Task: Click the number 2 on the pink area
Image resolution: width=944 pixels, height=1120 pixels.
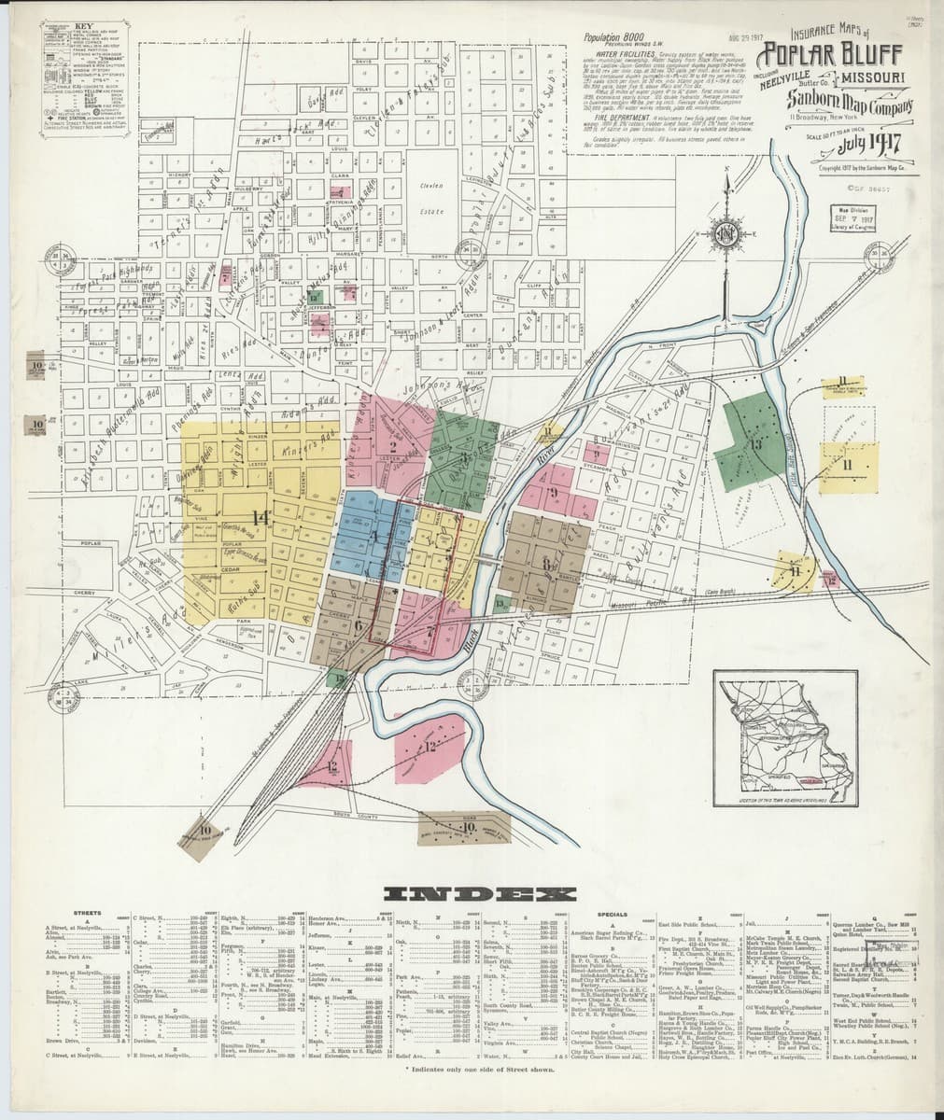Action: coord(393,446)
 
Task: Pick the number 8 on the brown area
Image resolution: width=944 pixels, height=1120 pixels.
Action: coord(546,563)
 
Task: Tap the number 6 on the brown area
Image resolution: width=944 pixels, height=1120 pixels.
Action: coord(358,626)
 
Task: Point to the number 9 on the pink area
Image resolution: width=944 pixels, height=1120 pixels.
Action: coord(555,492)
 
